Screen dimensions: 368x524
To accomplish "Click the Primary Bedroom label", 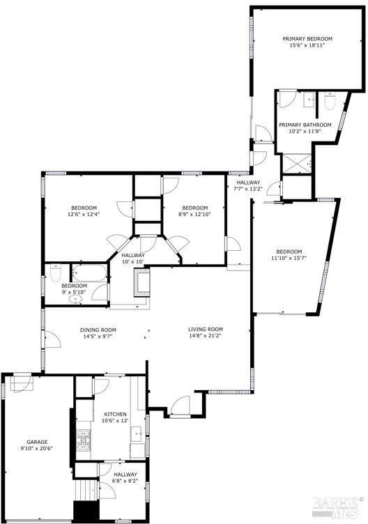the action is click(307, 39).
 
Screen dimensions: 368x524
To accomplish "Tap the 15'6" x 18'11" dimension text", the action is click(307, 45).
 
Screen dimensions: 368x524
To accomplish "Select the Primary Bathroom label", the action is click(305, 125).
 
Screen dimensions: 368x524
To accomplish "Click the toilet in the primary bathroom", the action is click(330, 101).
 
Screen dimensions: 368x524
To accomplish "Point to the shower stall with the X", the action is click(297, 163).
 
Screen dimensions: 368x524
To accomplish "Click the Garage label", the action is click(37, 442).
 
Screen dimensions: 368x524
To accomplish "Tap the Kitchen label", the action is click(115, 415).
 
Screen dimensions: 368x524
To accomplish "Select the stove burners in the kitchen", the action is click(84, 440).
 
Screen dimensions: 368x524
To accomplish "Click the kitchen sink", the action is click(137, 435).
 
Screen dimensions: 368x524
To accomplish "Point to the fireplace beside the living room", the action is click(141, 282).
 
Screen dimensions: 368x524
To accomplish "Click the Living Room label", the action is click(206, 330).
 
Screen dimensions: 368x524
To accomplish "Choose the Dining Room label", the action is click(98, 330).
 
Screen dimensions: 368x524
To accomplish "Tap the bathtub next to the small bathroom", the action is click(90, 273).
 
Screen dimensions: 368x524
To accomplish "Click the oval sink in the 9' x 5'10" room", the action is click(76, 299).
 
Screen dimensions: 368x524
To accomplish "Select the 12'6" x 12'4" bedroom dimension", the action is click(84, 214).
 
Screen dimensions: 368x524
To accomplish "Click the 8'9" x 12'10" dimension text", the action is click(195, 214).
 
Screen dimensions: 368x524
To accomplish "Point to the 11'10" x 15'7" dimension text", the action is click(289, 258).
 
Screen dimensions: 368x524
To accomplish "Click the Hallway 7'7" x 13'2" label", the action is click(248, 185).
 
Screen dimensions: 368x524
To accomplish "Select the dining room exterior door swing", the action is click(53, 339).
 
